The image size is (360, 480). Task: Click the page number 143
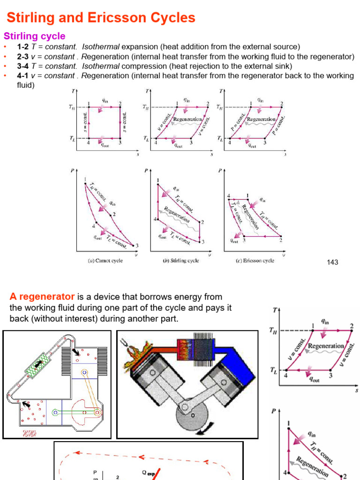(x=332, y=262)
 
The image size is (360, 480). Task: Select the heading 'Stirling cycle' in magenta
(x=35, y=36)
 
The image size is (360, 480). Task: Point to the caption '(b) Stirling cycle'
(x=181, y=261)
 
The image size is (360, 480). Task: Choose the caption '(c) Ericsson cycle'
(x=255, y=261)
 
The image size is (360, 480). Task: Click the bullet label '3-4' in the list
(x=23, y=66)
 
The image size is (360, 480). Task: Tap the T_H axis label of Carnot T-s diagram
(x=72, y=107)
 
